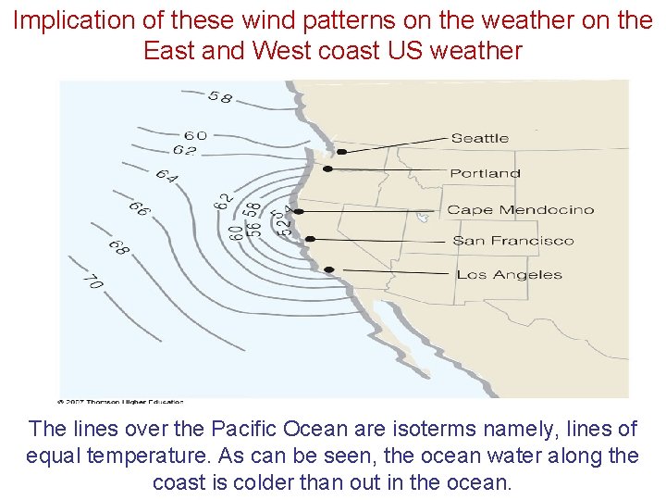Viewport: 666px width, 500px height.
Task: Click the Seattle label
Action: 479,138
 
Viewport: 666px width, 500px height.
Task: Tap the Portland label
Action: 485,173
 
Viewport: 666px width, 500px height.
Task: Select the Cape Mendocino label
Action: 520,210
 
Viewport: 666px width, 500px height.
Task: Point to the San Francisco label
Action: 512,241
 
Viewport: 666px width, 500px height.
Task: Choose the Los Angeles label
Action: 509,274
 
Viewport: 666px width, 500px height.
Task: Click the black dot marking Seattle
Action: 341,151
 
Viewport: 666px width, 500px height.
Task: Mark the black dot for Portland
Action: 327,169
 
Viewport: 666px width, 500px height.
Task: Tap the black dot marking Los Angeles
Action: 329,269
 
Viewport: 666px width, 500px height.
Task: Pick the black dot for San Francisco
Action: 311,239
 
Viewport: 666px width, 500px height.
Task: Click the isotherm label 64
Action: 166,175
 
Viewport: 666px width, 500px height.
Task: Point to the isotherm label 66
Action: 139,210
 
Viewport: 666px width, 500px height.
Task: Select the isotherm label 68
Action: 118,247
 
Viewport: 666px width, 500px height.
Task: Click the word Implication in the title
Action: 70,21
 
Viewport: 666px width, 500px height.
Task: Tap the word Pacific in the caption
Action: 243,430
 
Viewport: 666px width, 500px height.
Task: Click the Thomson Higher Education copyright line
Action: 121,401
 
